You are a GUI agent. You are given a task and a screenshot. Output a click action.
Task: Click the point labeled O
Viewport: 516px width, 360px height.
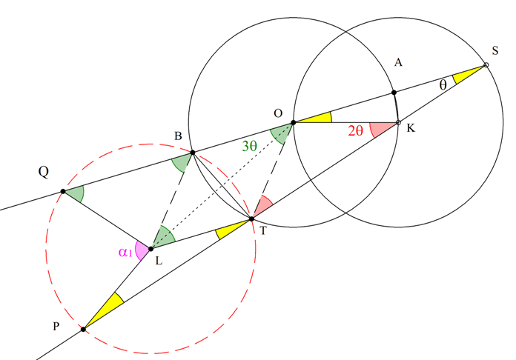(x=294, y=123)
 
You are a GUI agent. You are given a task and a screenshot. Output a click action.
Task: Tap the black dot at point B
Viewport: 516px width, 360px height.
(x=193, y=153)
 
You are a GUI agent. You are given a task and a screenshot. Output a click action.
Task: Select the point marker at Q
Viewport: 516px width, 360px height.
(x=63, y=191)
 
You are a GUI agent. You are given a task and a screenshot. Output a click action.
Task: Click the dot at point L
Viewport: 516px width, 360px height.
(x=150, y=249)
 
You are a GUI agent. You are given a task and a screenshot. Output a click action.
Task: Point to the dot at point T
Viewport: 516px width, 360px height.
(x=252, y=219)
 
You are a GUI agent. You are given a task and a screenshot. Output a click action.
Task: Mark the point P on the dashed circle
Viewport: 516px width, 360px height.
(x=83, y=329)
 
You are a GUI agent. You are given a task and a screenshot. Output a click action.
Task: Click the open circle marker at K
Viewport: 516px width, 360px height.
(x=398, y=123)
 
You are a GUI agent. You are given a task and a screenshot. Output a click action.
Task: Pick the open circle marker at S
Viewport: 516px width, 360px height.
(x=486, y=65)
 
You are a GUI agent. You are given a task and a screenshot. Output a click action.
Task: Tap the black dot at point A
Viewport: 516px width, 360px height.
(x=394, y=93)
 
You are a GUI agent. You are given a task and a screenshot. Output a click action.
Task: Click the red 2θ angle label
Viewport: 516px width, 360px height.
(x=355, y=131)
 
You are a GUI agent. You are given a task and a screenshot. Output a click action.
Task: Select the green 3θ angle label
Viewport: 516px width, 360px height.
(x=249, y=146)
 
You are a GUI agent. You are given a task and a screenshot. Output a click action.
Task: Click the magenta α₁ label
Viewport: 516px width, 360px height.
(x=125, y=253)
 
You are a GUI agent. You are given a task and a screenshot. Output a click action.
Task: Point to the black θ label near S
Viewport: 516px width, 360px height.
(x=443, y=85)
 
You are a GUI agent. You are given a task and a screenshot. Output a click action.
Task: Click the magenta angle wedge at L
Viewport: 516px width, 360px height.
(x=142, y=250)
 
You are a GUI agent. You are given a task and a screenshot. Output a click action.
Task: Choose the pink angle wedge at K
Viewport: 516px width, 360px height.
(x=382, y=129)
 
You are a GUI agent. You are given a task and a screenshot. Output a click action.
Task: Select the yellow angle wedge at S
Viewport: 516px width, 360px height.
(x=466, y=75)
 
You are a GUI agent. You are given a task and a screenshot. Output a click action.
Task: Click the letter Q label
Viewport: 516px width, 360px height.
(x=44, y=172)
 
